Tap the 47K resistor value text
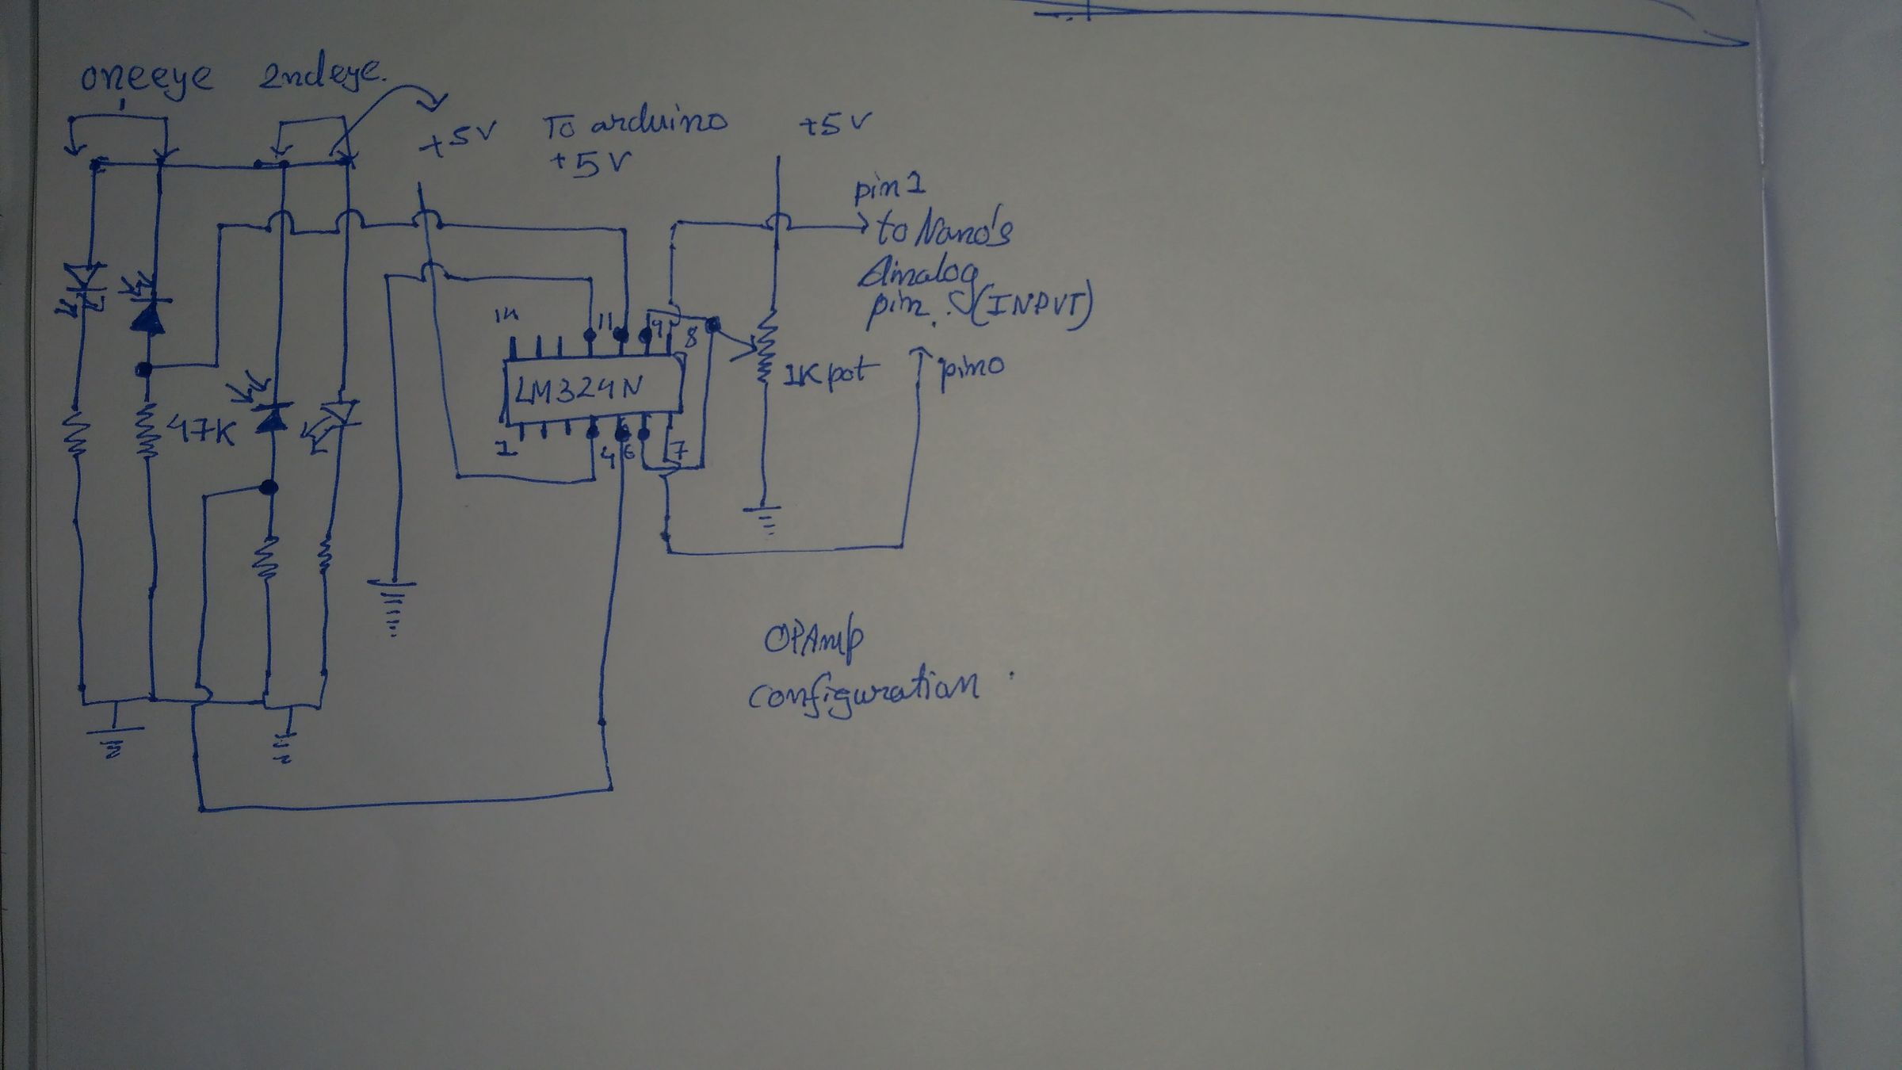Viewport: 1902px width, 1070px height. pos(201,432)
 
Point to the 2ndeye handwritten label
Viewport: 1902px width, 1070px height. pos(321,77)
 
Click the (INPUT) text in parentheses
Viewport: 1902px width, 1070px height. pos(1030,310)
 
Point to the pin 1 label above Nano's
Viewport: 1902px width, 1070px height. pos(889,190)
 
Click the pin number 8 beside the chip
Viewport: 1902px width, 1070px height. pos(691,338)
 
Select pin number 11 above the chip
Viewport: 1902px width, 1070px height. pos(605,322)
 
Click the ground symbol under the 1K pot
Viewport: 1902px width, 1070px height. pos(764,519)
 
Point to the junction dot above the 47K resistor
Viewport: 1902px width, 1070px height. pos(143,369)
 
